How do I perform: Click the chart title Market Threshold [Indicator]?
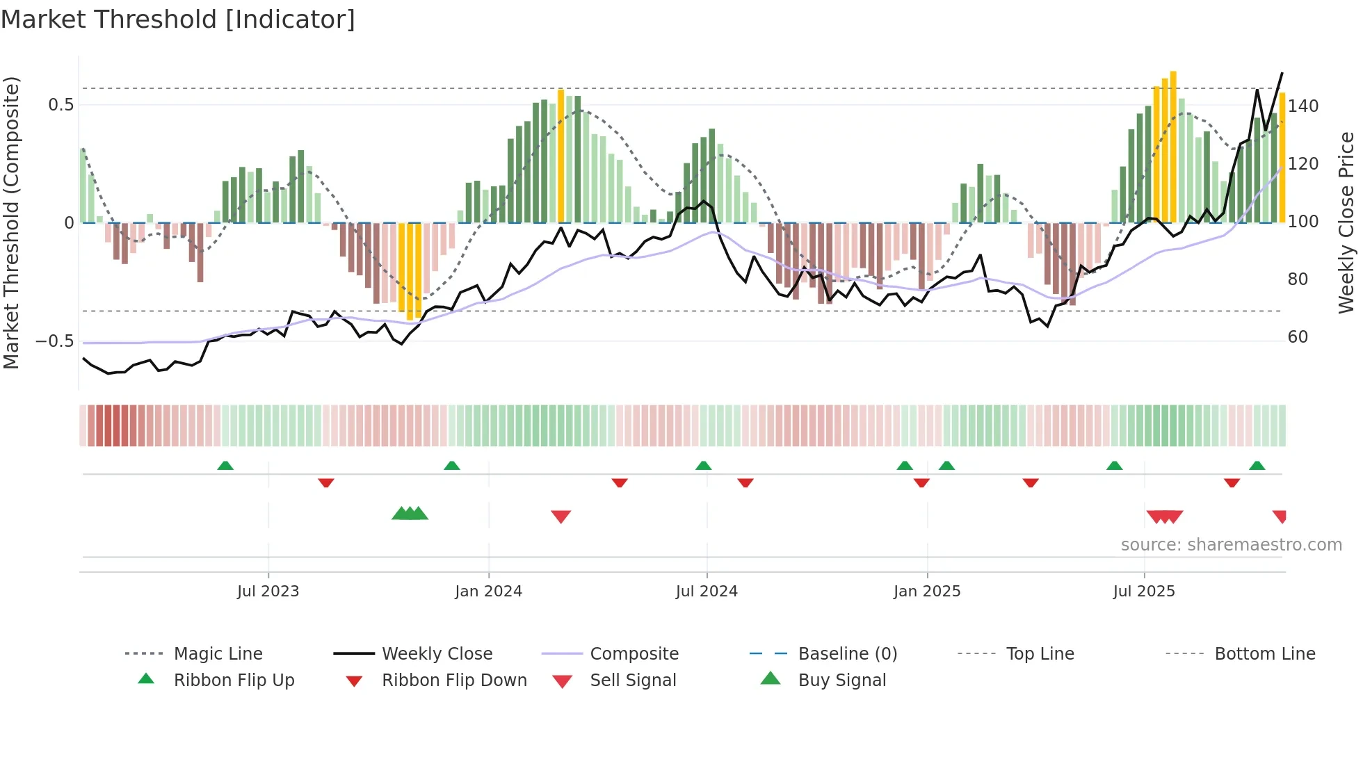pos(178,19)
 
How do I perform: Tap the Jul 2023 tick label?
pos(268,592)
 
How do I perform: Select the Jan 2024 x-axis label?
pos(488,592)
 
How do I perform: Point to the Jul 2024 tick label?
pos(707,592)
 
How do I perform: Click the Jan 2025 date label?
pos(927,592)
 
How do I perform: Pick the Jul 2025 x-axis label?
pos(1144,592)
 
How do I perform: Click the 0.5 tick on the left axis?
pos(61,105)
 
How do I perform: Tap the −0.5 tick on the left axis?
pos(55,341)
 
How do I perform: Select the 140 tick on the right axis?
pos(1303,106)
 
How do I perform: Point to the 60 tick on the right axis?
pos(1298,337)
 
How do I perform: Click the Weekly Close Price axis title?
pos(1346,222)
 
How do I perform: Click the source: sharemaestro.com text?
pos(1231,545)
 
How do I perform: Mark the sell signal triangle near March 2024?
pos(560,516)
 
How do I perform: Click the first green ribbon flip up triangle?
pos(225,466)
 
